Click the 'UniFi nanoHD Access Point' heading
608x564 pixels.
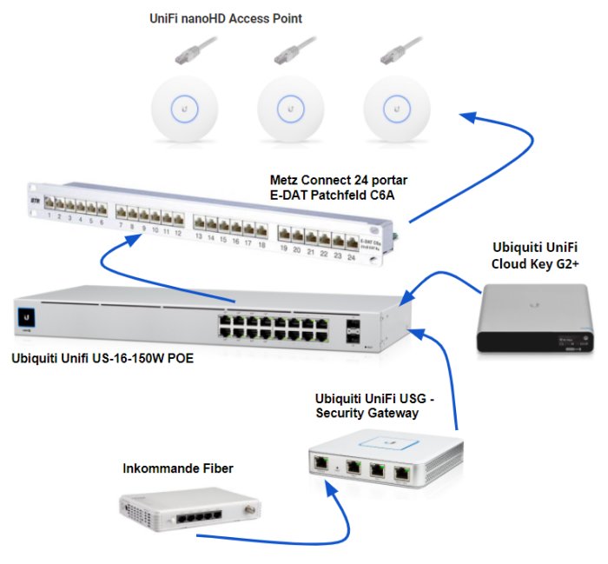[x=224, y=18]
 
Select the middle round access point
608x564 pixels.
[x=291, y=109]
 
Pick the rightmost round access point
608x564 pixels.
[x=397, y=108]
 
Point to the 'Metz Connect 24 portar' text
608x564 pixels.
[x=339, y=180]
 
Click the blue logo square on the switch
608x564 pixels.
[x=27, y=318]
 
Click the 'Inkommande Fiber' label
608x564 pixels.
[x=177, y=469]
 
